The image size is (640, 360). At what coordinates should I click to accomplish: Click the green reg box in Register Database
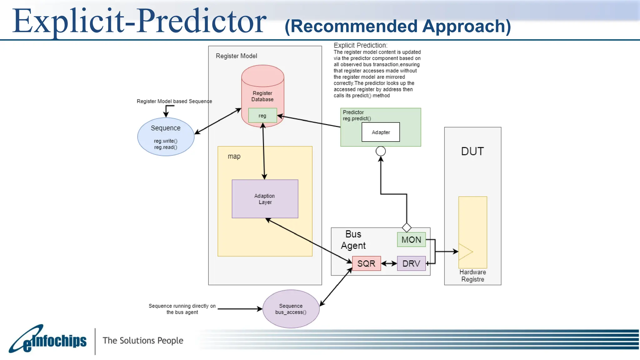262,115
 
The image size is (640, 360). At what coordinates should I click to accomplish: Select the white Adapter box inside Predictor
381,132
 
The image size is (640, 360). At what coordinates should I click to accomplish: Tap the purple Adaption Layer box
265,199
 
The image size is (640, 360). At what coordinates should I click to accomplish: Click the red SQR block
366,263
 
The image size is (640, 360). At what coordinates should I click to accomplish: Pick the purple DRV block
411,263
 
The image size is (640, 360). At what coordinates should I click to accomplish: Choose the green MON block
411,240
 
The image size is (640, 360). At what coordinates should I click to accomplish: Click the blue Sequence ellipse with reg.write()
166,137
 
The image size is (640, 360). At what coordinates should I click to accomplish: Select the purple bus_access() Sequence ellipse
291,309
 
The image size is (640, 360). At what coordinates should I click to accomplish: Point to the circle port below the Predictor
381,151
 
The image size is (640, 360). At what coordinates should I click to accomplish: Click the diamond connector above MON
407,227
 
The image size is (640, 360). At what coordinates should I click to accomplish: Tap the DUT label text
472,152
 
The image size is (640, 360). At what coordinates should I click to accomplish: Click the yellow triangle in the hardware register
465,252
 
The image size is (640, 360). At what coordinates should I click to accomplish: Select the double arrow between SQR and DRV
389,263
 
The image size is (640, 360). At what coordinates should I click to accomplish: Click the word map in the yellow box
234,156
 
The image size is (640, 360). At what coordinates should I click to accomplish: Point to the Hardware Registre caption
472,276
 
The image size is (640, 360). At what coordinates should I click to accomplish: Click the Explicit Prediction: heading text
360,45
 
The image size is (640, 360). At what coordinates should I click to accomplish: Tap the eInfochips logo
48,340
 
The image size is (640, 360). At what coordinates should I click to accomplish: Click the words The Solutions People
143,340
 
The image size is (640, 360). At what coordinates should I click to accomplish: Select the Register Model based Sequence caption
174,101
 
